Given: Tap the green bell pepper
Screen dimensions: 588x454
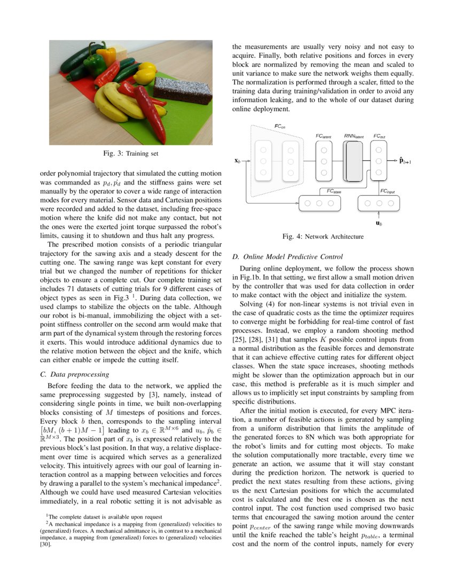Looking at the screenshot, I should [95, 64].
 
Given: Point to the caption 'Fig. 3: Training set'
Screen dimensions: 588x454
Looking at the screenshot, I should [131, 154].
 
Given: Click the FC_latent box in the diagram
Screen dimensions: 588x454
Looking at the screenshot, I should [324, 161].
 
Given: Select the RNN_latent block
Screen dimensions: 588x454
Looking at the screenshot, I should [353, 161].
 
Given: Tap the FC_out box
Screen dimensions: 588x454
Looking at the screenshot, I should [378, 161].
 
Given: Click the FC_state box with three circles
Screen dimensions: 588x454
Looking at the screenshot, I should [319, 203].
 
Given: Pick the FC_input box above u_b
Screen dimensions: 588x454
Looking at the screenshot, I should [379, 203].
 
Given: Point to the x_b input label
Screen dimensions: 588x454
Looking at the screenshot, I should [238, 160].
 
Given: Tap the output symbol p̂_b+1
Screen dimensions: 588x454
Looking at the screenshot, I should [405, 160].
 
